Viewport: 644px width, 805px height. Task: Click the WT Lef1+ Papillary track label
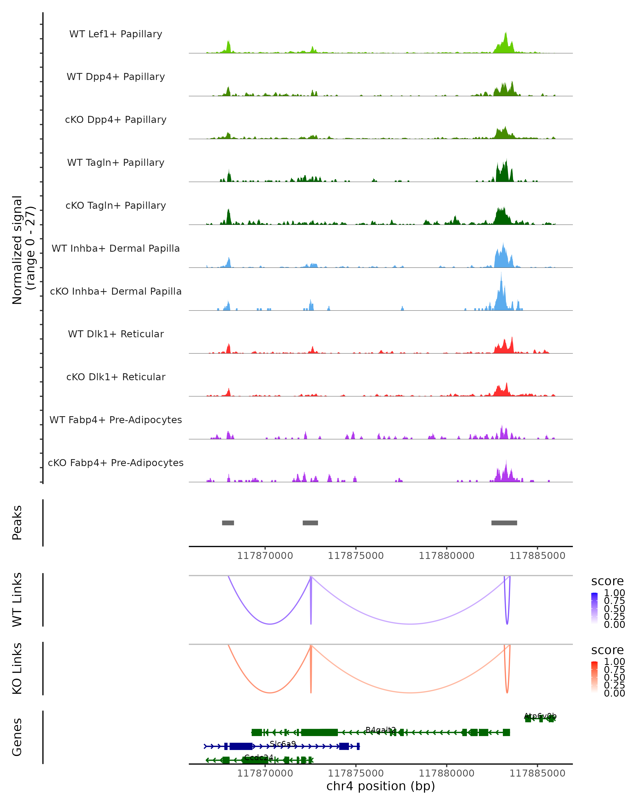coord(116,34)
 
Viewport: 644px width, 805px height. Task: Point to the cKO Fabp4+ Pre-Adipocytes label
coord(116,463)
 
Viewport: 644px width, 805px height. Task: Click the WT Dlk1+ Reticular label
coord(116,334)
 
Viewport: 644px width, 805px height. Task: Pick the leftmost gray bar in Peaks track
coord(228,523)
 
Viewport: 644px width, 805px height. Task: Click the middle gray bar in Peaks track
coord(310,523)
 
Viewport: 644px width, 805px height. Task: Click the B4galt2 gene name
coord(380,730)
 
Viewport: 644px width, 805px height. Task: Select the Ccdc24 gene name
coord(259,758)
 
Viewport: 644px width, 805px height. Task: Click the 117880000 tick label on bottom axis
coord(447,773)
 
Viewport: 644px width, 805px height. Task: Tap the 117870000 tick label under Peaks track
coord(265,556)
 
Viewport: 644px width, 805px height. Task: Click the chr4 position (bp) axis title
coord(380,786)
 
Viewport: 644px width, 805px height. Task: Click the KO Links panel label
coord(17,668)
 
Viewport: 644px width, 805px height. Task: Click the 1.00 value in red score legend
coord(614,662)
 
